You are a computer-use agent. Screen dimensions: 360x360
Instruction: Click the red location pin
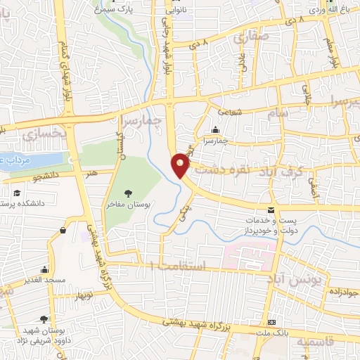[181, 165]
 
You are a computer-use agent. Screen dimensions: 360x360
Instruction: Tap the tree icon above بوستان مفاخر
[127, 193]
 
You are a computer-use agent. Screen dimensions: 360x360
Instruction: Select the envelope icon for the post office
[271, 210]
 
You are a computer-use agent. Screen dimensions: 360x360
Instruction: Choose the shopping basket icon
[64, 229]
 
